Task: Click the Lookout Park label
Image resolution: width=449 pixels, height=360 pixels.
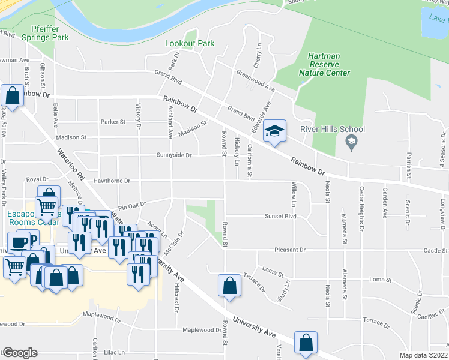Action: click(190, 44)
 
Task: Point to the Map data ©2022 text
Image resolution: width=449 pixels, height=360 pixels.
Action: click(423, 355)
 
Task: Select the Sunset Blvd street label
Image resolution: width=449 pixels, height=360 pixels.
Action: click(282, 216)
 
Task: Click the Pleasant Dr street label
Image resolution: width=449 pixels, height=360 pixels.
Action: click(291, 250)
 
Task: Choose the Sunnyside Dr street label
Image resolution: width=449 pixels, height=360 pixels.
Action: click(173, 155)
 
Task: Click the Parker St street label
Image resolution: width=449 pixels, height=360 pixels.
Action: click(113, 121)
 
